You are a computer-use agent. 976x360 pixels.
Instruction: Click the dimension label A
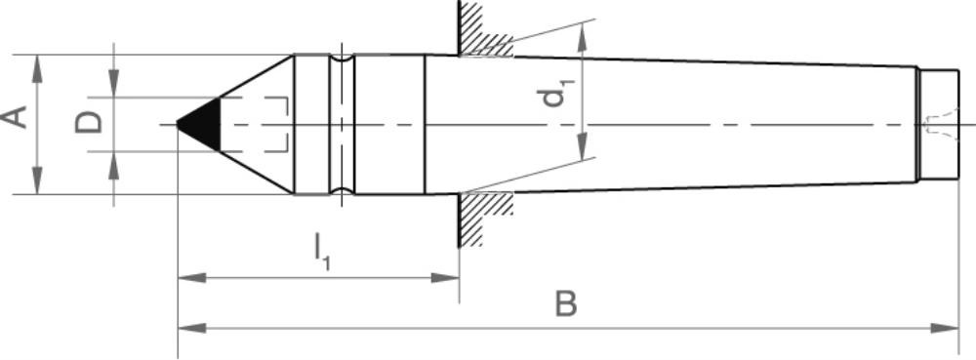tap(15, 117)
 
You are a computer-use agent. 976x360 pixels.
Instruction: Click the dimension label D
tap(89, 123)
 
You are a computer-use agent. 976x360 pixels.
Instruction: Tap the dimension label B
tap(566, 305)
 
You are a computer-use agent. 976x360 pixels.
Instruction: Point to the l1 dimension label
tap(322, 250)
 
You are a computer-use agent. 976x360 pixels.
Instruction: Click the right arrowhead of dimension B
tap(944, 328)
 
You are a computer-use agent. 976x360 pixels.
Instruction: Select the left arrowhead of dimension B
tap(192, 328)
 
